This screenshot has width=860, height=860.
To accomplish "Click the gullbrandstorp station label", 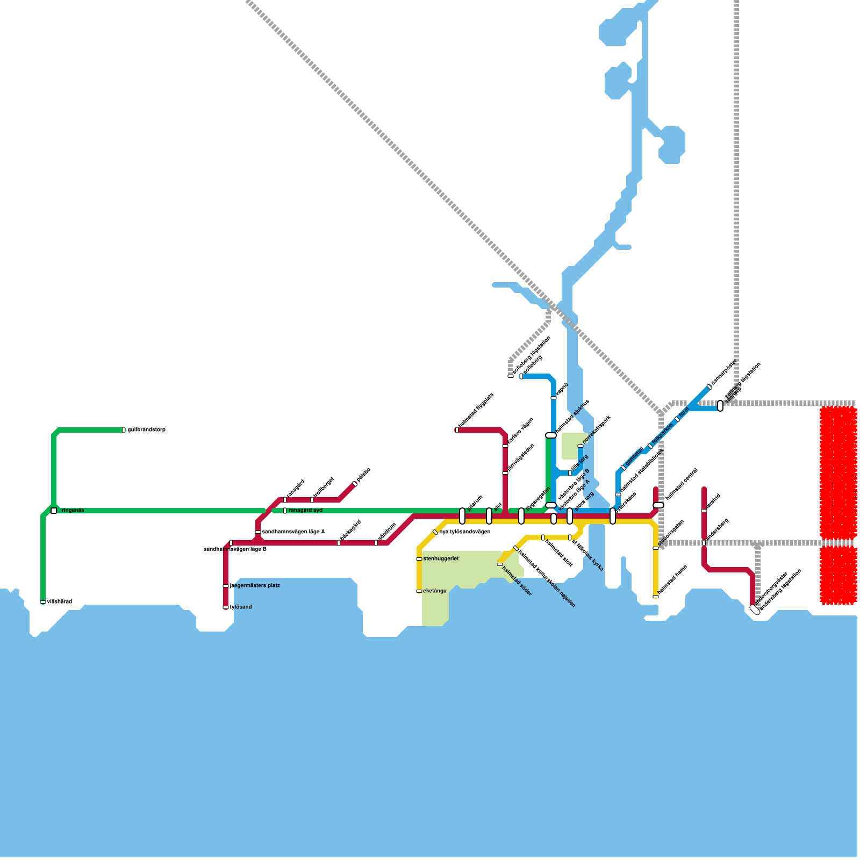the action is click(146, 430).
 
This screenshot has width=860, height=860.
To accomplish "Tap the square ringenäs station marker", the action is click(54, 511).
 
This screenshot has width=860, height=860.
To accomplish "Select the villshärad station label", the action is click(59, 602).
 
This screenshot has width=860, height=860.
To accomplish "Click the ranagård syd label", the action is click(305, 511).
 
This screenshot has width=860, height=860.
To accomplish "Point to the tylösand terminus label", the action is click(240, 607).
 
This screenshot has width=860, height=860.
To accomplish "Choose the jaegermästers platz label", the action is click(255, 586).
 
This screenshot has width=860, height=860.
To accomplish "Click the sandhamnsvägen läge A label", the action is click(293, 532).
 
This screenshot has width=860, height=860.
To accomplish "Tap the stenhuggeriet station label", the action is click(441, 559).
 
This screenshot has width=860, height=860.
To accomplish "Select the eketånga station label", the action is click(435, 591).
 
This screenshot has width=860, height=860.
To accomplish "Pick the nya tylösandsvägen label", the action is click(465, 532).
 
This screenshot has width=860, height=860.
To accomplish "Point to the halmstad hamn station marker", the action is click(656, 597).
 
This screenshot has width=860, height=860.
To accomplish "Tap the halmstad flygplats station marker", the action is click(457, 430).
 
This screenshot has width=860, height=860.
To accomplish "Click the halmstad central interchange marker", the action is click(658, 505).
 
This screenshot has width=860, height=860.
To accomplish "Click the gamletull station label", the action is click(634, 457).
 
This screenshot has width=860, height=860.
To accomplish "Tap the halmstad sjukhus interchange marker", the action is click(551, 435).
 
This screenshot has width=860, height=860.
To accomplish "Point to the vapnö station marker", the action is click(554, 398).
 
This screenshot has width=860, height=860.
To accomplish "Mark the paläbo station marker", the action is click(355, 484).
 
